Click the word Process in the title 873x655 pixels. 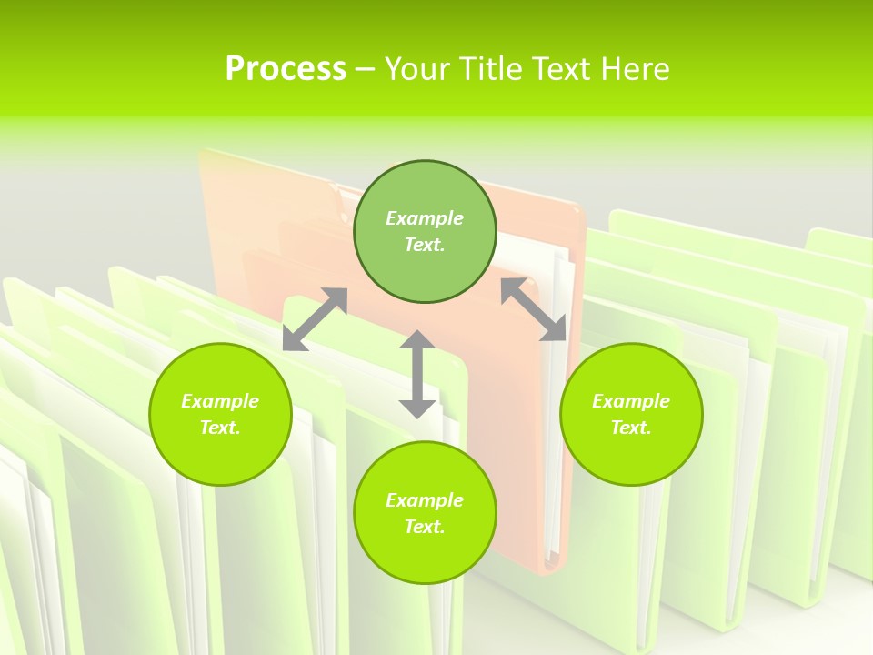pos(286,68)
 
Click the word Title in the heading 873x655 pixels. pos(488,68)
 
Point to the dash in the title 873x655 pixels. pos(365,69)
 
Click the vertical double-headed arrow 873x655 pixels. pos(417,374)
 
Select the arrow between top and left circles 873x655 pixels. pos(316,318)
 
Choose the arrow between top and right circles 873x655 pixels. pos(534,309)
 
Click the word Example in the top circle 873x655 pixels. pos(425,218)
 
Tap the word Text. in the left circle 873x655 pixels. pos(220,428)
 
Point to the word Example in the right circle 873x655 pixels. pos(631,401)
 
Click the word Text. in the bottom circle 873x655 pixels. pos(425,527)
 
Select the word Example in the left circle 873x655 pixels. pos(220,401)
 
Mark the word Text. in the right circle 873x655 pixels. pos(631,428)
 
